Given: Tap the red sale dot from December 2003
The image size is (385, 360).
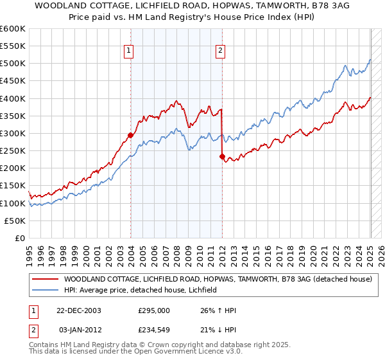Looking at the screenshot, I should click(x=130, y=135).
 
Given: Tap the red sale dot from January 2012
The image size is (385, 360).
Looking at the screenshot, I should click(x=221, y=156).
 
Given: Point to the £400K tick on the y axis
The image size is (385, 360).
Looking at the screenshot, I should click(x=13, y=98).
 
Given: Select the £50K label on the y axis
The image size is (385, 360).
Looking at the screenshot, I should click(x=15, y=221).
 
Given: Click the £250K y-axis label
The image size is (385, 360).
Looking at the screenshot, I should click(x=13, y=150).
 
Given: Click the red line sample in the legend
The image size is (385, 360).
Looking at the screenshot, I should click(x=44, y=279).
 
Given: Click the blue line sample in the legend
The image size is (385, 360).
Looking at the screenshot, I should click(x=44, y=290).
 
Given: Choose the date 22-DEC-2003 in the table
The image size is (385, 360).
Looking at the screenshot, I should click(x=78, y=310).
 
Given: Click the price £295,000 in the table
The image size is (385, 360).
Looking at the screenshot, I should click(x=154, y=310).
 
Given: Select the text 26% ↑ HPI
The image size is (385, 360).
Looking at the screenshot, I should click(x=218, y=310).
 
